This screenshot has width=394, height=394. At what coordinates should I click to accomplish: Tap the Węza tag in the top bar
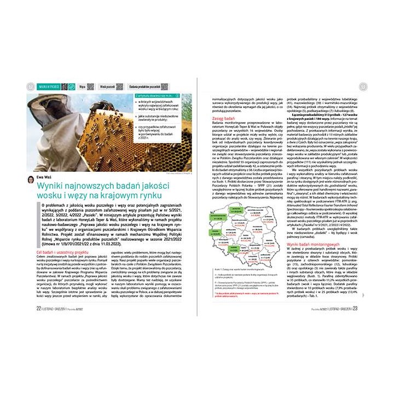82,86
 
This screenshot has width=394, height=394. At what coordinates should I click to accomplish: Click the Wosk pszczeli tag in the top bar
108,86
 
